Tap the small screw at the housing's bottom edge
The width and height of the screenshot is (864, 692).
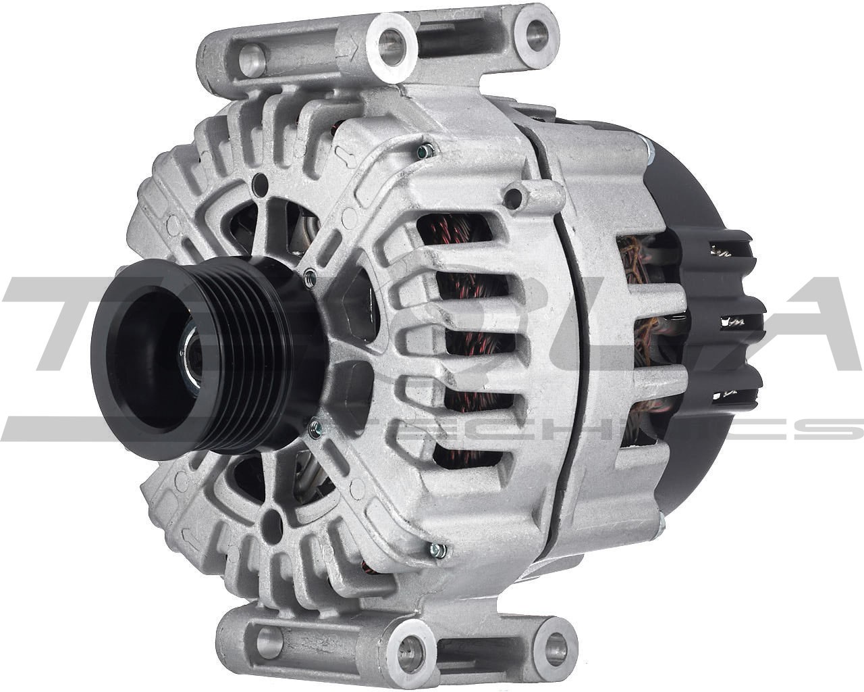(x=438, y=551)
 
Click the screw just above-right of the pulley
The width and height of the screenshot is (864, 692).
(x=309, y=274)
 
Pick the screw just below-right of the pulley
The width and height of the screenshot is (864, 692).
(x=313, y=426)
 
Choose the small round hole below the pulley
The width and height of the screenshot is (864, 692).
(x=273, y=520)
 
